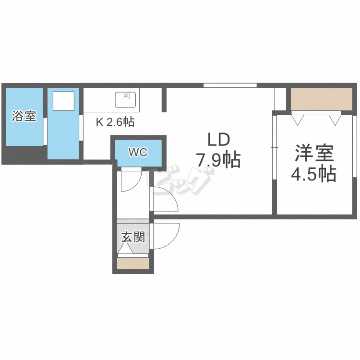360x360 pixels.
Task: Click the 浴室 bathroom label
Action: [24, 116]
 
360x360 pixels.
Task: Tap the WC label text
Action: [137, 153]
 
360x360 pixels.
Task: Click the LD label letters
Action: [219, 140]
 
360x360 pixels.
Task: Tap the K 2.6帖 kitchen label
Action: [115, 122]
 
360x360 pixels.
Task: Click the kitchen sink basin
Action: [126, 100]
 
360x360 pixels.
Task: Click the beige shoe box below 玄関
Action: [133, 264]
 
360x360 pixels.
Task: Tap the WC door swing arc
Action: [130, 181]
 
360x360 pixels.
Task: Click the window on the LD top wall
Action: [229, 85]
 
